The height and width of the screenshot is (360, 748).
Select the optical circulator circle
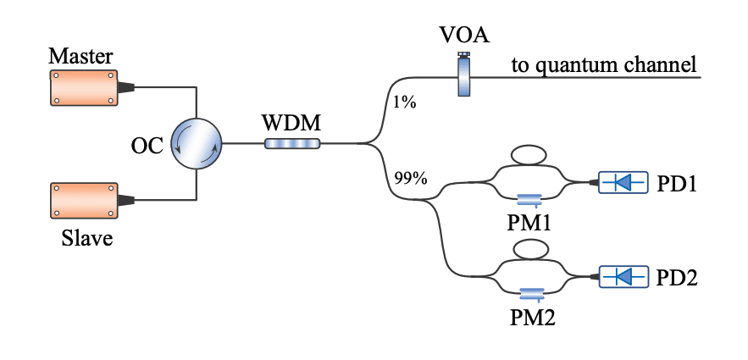click(196, 143)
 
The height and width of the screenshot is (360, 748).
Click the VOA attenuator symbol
click(463, 76)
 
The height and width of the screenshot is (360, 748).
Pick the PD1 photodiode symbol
click(623, 182)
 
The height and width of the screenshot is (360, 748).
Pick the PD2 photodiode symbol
click(623, 276)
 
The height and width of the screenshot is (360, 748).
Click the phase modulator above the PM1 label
click(530, 199)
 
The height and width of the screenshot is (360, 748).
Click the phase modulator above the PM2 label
click(530, 293)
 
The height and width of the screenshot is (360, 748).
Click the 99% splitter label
click(411, 178)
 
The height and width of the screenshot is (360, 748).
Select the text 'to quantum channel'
click(603, 64)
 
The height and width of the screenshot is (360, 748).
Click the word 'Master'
click(80, 57)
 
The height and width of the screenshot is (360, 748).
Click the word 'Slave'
click(86, 238)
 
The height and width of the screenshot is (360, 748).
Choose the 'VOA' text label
click(464, 36)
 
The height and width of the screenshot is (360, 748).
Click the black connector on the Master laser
click(125, 86)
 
